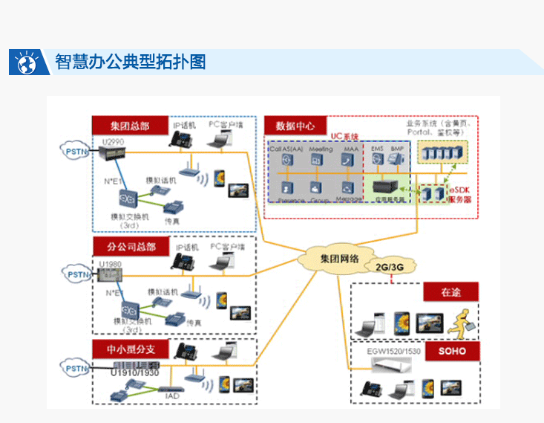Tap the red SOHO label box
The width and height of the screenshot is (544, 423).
(x=452, y=350)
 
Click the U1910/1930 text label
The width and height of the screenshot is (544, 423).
(x=135, y=372)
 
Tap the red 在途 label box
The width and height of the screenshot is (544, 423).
(x=450, y=292)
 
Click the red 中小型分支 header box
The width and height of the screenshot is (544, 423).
(x=130, y=349)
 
